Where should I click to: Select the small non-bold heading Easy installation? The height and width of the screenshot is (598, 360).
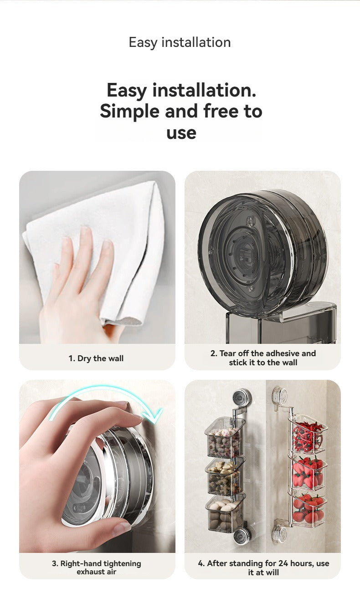[x=180, y=42]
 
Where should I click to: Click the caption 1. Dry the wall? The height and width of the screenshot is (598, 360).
[x=96, y=358]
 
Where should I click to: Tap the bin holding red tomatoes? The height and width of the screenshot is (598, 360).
[x=307, y=508]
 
